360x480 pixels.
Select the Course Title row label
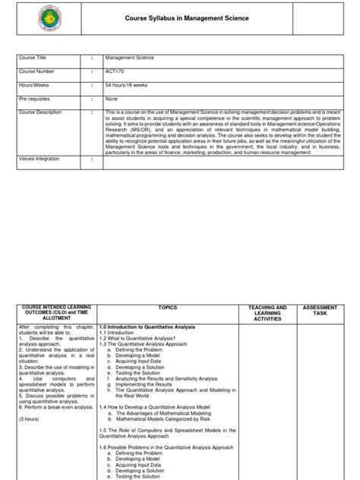coord(35,57)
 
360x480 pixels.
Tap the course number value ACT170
coord(115,71)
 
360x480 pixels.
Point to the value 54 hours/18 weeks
coord(129,84)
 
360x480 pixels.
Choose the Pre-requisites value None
coord(113,98)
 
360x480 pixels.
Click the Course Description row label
coord(45,112)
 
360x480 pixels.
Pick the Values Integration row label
coord(42,159)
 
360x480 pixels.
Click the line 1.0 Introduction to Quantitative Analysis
coord(147,326)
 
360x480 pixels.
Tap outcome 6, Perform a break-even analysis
coord(53,406)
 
